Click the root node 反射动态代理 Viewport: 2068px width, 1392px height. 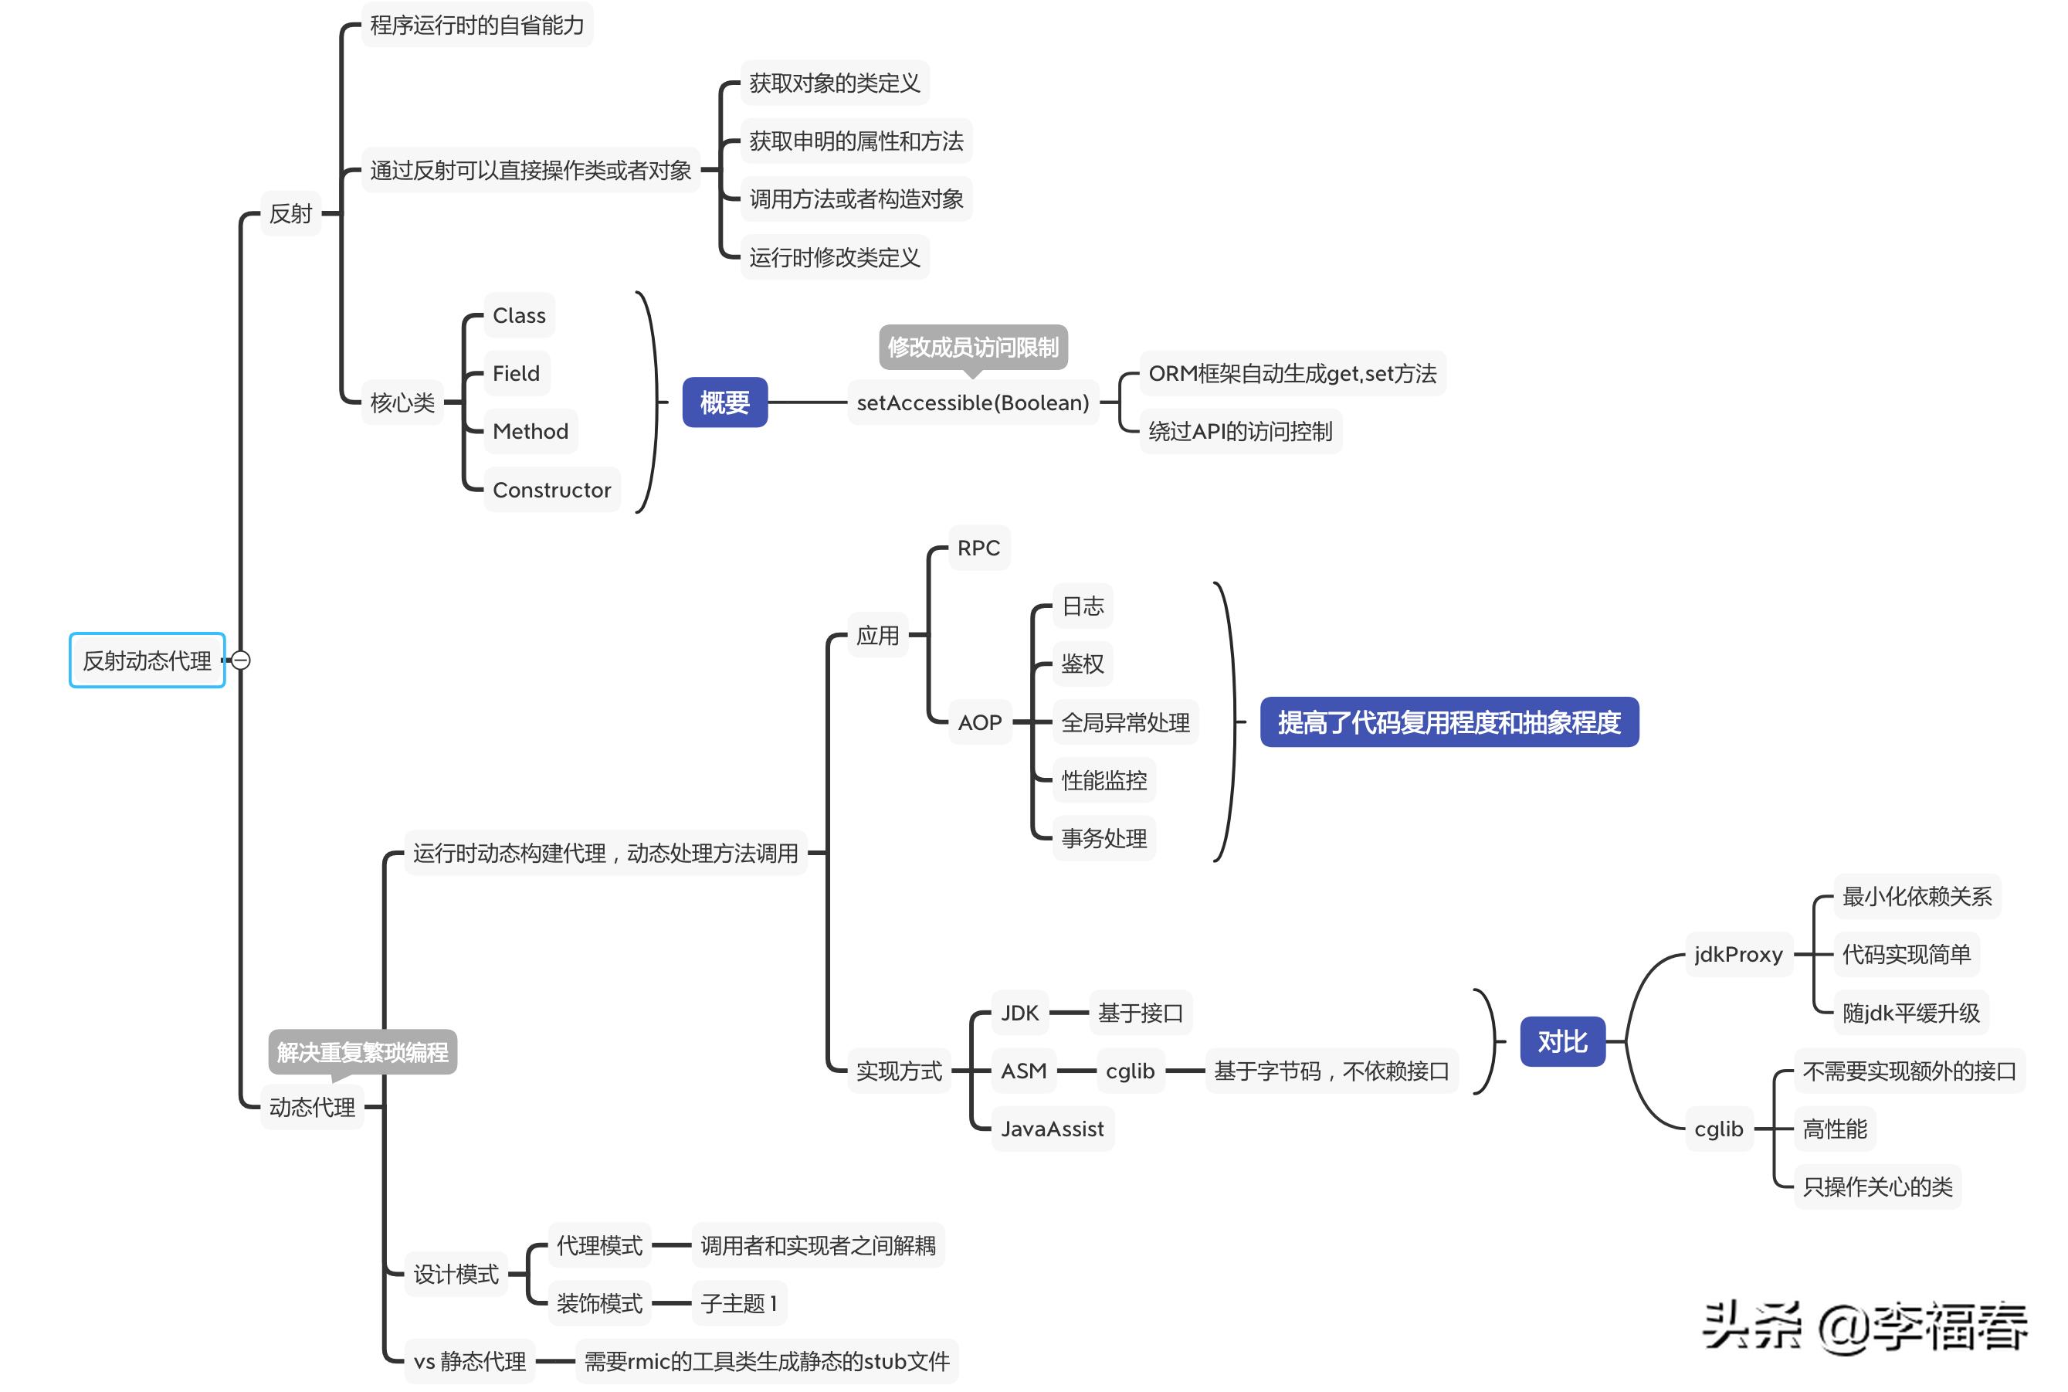point(147,660)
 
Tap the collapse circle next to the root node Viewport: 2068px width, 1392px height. point(240,660)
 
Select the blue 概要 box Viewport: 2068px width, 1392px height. point(724,402)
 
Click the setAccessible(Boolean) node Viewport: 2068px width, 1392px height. point(972,402)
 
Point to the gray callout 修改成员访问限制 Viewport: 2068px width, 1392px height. point(973,346)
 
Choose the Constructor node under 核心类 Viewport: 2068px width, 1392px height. point(551,489)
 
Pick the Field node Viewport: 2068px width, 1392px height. point(516,373)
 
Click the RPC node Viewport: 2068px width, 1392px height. point(978,548)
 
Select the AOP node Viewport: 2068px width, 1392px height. point(979,721)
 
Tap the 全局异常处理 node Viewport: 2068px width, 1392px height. point(1124,721)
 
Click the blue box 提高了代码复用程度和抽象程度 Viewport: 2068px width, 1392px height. point(1449,721)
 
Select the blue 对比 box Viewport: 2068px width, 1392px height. point(1562,1041)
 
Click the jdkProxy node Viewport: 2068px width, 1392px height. point(1737,954)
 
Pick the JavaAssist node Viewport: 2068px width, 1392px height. point(1052,1129)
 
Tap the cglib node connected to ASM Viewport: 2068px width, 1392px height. point(1130,1071)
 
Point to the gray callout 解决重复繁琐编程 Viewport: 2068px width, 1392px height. point(362,1052)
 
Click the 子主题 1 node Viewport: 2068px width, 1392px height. point(738,1302)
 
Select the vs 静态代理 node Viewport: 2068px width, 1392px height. point(470,1360)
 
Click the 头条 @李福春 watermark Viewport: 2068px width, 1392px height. point(1865,1326)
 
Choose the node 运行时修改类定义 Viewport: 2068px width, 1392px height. point(834,256)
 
